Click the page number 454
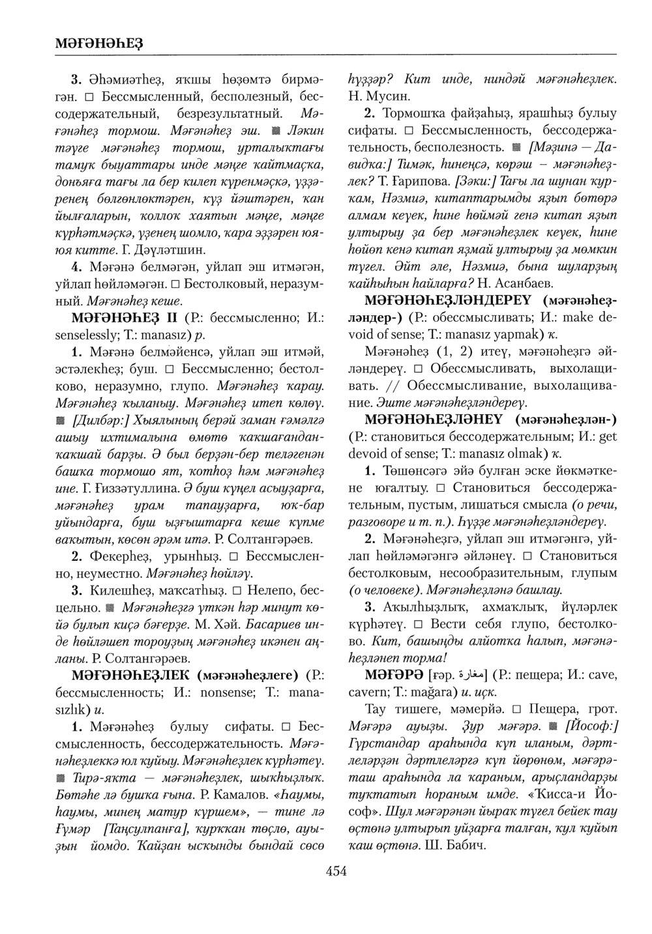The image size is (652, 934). tap(336, 872)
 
